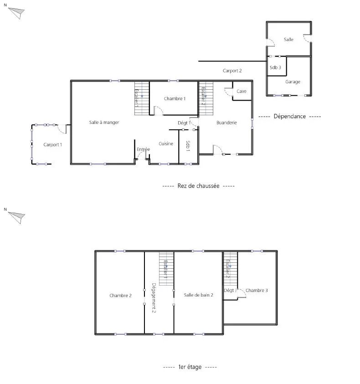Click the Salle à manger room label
[x=104, y=122]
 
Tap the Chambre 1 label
[x=175, y=99]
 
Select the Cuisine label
[x=166, y=144]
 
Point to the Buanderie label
[x=226, y=123]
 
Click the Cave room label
[x=242, y=92]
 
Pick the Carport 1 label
[x=52, y=145]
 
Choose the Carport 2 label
[x=232, y=71]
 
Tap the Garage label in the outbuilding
[x=293, y=82]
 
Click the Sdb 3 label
[x=275, y=68]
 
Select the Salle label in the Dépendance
[x=288, y=40]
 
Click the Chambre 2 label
[x=120, y=296]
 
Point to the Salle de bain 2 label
[x=199, y=295]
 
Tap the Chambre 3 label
[x=257, y=291]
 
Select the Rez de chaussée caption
[x=198, y=186]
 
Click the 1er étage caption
[x=190, y=367]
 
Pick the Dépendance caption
[x=289, y=117]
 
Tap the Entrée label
[x=143, y=149]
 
